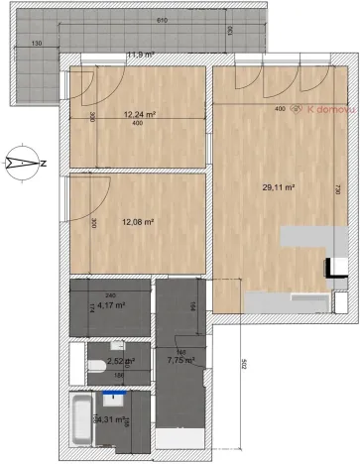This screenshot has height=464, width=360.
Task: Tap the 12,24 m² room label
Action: click(141, 114)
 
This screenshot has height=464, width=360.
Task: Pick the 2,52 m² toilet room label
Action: click(121, 362)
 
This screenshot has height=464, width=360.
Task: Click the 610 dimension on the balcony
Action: click(147, 21)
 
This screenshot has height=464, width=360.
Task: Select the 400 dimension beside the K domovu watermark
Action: click(280, 108)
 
